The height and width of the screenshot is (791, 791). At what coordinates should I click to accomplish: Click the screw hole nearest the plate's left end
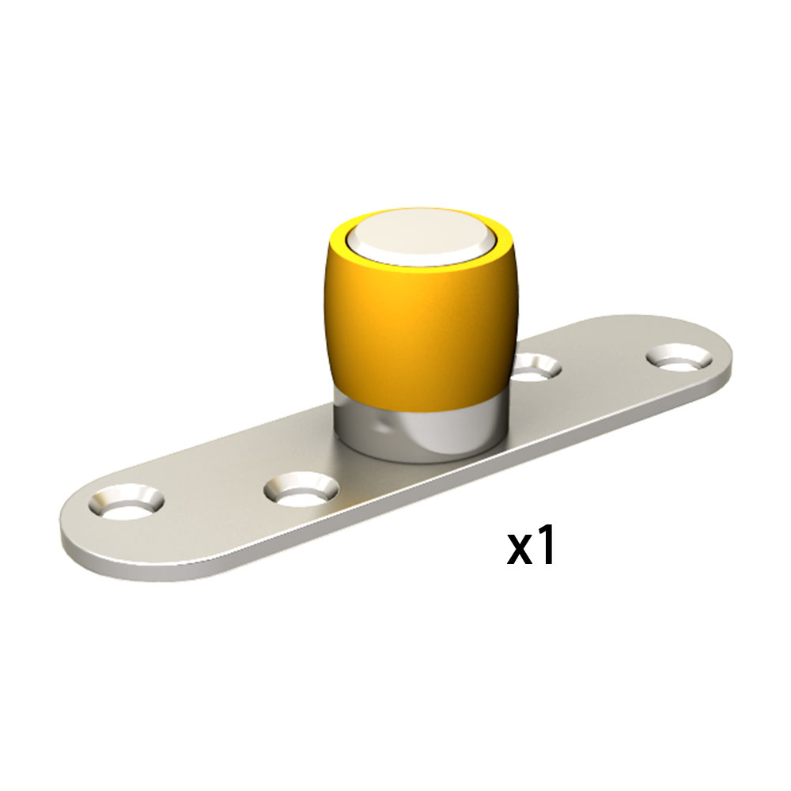pyautogui.click(x=126, y=501)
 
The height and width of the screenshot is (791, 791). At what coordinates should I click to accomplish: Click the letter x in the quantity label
pyautogui.click(x=522, y=548)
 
